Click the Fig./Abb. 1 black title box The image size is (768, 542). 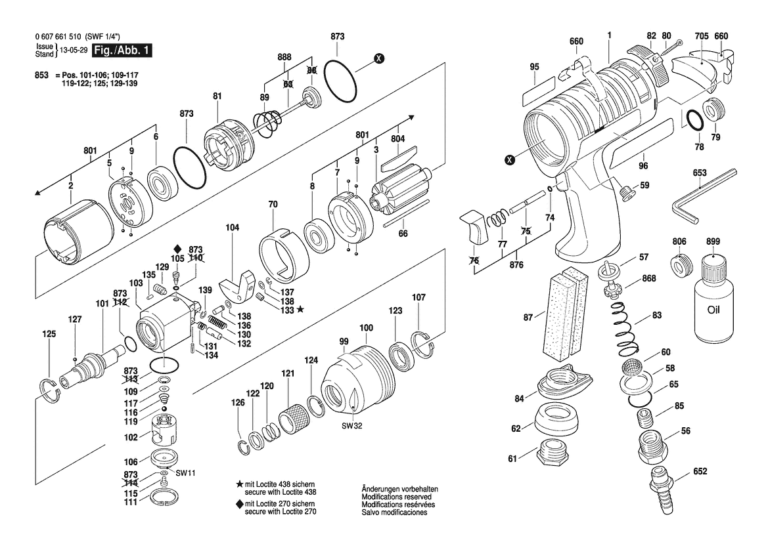(122, 51)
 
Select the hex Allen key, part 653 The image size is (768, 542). (706, 195)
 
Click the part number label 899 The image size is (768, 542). (713, 241)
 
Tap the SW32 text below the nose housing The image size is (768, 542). (351, 426)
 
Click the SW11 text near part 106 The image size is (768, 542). (186, 473)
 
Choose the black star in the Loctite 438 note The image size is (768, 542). (240, 484)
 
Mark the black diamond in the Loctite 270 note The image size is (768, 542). (240, 504)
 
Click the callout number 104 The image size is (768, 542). (232, 228)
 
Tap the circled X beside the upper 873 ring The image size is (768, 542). (378, 58)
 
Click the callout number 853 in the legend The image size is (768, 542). (41, 75)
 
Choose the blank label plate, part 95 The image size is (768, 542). (538, 91)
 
